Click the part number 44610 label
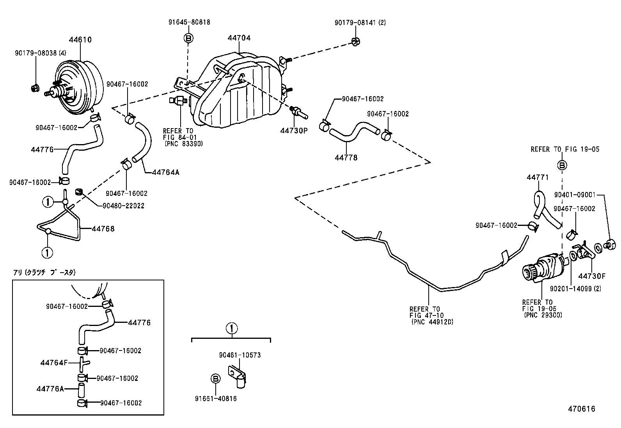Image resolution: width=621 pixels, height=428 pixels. pyautogui.click(x=80, y=39)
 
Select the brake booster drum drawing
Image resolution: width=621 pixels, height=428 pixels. pyautogui.click(x=80, y=88)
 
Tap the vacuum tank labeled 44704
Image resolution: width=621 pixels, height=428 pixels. pyautogui.click(x=238, y=92)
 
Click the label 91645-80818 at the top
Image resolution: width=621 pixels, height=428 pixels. pyautogui.click(x=189, y=22)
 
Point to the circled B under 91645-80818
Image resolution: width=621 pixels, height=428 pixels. pyautogui.click(x=188, y=38)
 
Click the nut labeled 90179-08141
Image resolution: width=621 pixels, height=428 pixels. pyautogui.click(x=355, y=41)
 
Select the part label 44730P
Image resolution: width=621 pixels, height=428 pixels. pyautogui.click(x=294, y=130)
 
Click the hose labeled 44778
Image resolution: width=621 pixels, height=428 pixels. pyautogui.click(x=353, y=134)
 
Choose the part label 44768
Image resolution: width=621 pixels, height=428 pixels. pyautogui.click(x=103, y=229)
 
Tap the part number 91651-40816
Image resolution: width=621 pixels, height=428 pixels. pyautogui.click(x=216, y=398)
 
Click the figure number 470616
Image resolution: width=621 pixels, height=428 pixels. pyautogui.click(x=581, y=409)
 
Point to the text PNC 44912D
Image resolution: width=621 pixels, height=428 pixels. pyautogui.click(x=432, y=322)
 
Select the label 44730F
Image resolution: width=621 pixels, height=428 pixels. pyautogui.click(x=591, y=276)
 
